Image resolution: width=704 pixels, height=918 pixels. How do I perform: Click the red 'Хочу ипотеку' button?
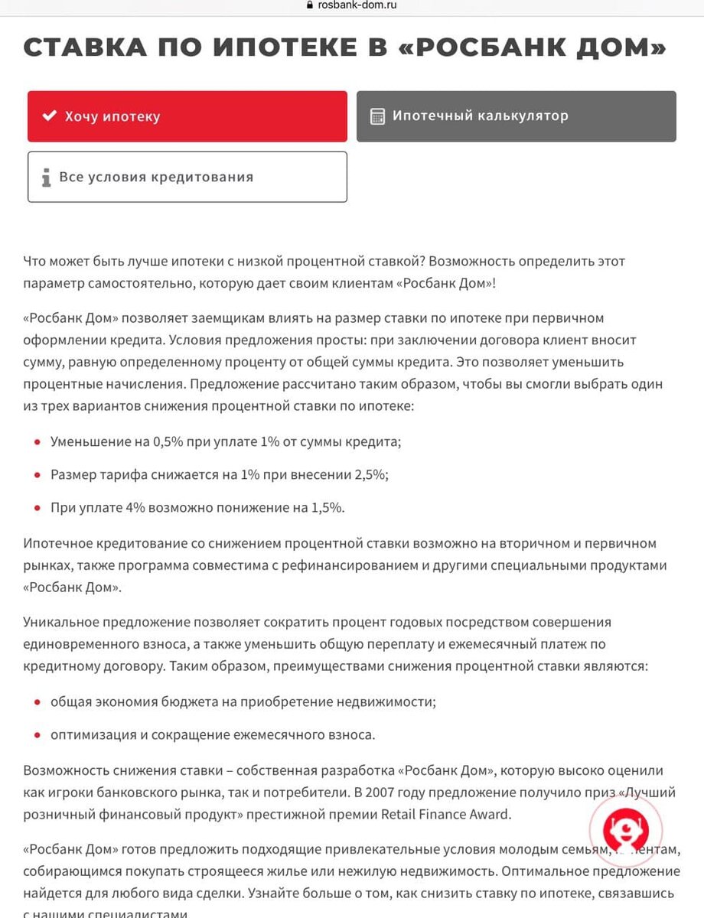(x=187, y=116)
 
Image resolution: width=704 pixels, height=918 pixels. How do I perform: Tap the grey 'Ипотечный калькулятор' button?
(x=516, y=116)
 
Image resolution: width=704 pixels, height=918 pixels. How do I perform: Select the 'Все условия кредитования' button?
(x=187, y=177)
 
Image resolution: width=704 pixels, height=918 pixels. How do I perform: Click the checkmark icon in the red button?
(x=49, y=116)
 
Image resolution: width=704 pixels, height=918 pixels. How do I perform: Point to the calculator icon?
(x=377, y=117)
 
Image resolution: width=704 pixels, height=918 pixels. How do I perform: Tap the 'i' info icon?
(x=47, y=177)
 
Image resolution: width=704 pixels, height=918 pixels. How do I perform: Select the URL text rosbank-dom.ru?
(x=357, y=5)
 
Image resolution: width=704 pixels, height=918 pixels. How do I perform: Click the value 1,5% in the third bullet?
(x=328, y=507)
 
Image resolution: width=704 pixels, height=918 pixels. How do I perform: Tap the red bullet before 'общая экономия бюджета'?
(x=35, y=702)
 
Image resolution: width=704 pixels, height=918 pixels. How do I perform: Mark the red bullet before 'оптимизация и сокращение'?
(x=35, y=735)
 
